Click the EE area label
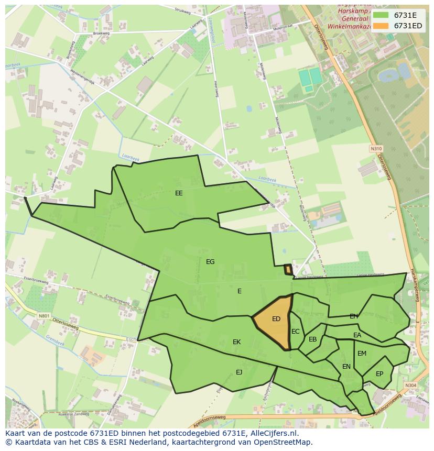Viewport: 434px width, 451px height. [x=179, y=193]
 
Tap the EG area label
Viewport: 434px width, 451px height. [x=210, y=262]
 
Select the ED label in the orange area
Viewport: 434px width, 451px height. [x=276, y=319]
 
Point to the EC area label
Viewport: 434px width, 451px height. [x=296, y=332]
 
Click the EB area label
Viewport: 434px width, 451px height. [x=313, y=339]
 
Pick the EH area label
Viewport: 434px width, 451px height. [x=354, y=316]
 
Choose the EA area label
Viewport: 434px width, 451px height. [x=357, y=335]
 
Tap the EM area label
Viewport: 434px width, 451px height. [x=362, y=354]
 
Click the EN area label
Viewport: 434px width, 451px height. [x=346, y=367]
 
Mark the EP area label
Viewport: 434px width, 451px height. [x=379, y=374]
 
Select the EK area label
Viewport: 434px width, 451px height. [x=237, y=342]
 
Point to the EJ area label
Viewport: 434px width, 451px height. [x=239, y=372]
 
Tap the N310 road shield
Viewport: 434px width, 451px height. [x=376, y=149]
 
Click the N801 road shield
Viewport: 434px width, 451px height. [x=44, y=316]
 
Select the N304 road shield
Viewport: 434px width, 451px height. [x=410, y=386]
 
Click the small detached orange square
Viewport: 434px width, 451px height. [x=288, y=269]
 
